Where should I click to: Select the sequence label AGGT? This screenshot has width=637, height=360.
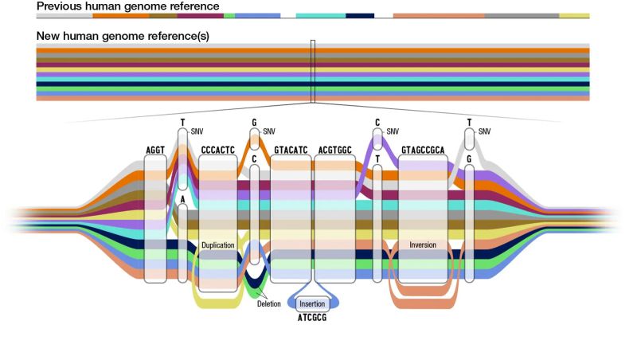pyautogui.click(x=155, y=150)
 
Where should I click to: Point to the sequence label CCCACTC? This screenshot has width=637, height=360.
pyautogui.click(x=217, y=150)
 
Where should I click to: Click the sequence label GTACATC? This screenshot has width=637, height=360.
pyautogui.click(x=291, y=150)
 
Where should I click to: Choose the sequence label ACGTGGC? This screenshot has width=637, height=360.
pyautogui.click(x=334, y=150)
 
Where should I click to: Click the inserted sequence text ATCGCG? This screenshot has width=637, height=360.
pyautogui.click(x=312, y=318)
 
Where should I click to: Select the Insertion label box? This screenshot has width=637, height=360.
pyautogui.click(x=312, y=303)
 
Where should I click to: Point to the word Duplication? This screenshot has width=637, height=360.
pyautogui.click(x=218, y=245)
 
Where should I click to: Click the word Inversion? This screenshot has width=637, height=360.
pyautogui.click(x=423, y=245)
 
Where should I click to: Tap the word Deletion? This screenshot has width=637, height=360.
pyautogui.click(x=268, y=303)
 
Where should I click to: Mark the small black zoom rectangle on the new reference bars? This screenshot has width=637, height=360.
pyautogui.click(x=313, y=72)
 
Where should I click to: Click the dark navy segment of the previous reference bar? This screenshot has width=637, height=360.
pyautogui.click(x=360, y=15)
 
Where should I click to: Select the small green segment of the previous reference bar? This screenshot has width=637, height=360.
pyautogui.click(x=229, y=15)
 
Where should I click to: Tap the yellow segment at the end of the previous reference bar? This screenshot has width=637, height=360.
pyautogui.click(x=574, y=15)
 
